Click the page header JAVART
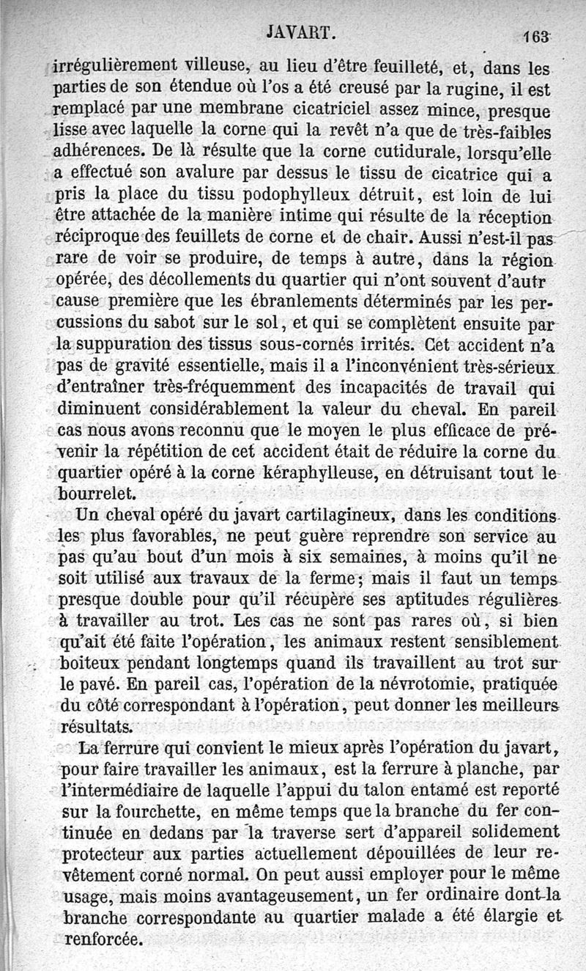[x=303, y=32]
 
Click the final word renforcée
[x=103, y=938]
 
